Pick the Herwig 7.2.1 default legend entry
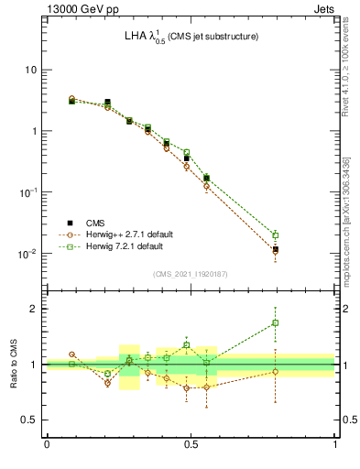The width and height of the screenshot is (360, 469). click(119, 246)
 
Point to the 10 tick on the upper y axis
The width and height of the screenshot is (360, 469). click(32, 71)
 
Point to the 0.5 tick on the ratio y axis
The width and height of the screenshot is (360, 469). click(29, 420)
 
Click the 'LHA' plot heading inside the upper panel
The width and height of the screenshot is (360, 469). click(191, 37)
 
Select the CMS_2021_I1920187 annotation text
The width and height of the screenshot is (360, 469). click(191, 274)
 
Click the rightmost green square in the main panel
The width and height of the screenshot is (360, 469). click(275, 235)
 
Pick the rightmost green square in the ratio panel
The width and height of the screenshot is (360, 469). click(275, 322)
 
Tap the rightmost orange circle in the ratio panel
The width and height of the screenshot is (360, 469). click(275, 371)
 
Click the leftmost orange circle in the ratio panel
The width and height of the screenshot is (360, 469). click(71, 354)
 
